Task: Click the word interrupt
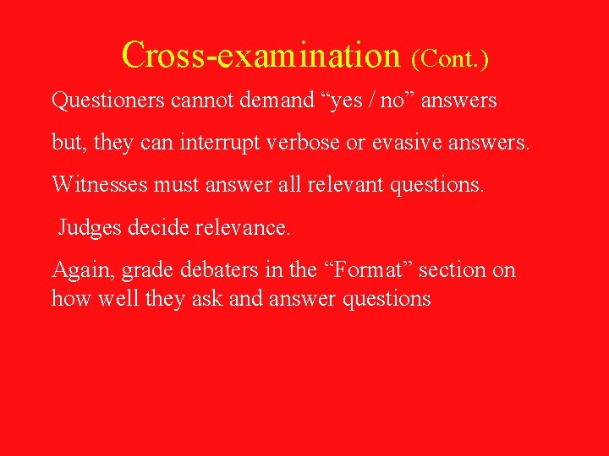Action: tap(217, 142)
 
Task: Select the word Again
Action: tap(82, 271)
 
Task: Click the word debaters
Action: tap(215, 270)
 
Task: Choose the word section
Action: tap(453, 270)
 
